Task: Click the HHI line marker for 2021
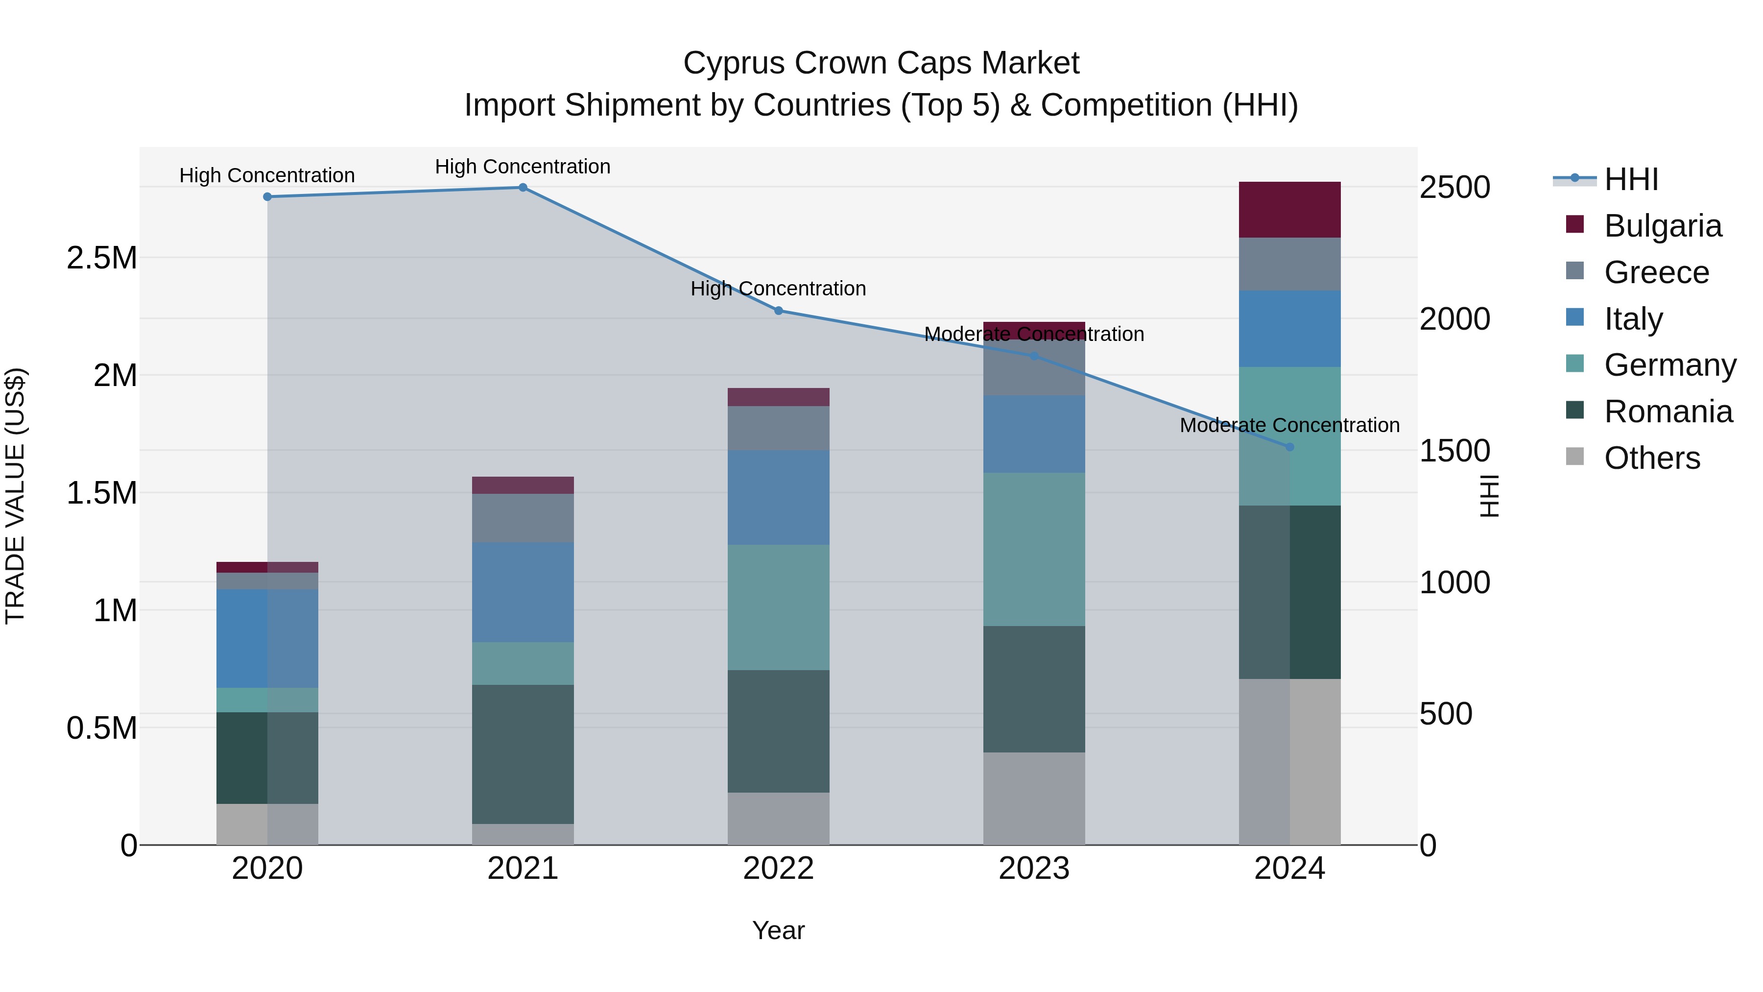pyautogui.click(x=523, y=188)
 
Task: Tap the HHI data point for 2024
pyautogui.click(x=1289, y=447)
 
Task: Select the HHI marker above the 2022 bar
pyautogui.click(x=778, y=311)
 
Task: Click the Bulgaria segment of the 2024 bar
pyautogui.click(x=1289, y=210)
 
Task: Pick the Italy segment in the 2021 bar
pyautogui.click(x=523, y=592)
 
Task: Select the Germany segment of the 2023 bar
pyautogui.click(x=1034, y=549)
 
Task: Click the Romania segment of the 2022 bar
pyautogui.click(x=778, y=731)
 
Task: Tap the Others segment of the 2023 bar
pyautogui.click(x=1034, y=798)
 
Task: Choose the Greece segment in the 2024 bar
pyautogui.click(x=1289, y=264)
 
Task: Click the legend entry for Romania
pyautogui.click(x=1668, y=411)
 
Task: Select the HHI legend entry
pyautogui.click(x=1631, y=179)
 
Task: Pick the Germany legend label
pyautogui.click(x=1670, y=365)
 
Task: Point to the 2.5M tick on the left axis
pyautogui.click(x=101, y=258)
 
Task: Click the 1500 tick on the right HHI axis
pyautogui.click(x=1454, y=451)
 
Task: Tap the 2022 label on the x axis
pyautogui.click(x=778, y=869)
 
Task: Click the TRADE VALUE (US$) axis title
pyautogui.click(x=15, y=496)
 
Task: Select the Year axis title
pyautogui.click(x=778, y=930)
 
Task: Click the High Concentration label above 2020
pyautogui.click(x=267, y=175)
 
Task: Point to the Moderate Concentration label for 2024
pyautogui.click(x=1289, y=425)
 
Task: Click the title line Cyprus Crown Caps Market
pyautogui.click(x=881, y=63)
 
